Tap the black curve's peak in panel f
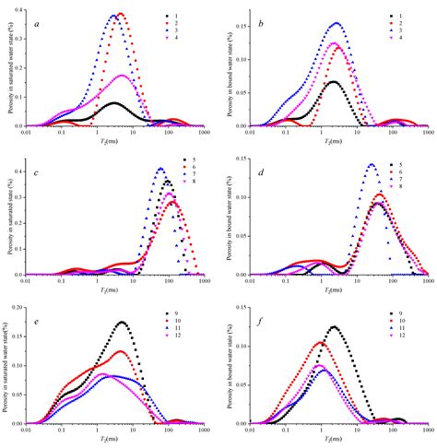(x=333, y=326)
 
